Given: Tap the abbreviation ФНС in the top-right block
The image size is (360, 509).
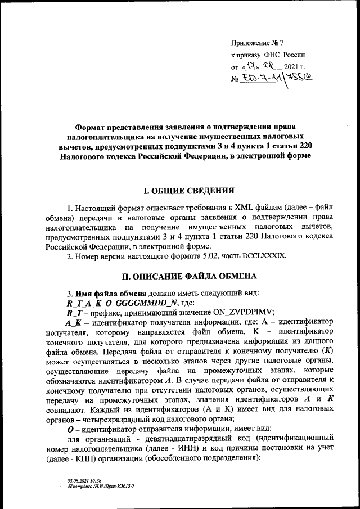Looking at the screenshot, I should coord(272,55).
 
